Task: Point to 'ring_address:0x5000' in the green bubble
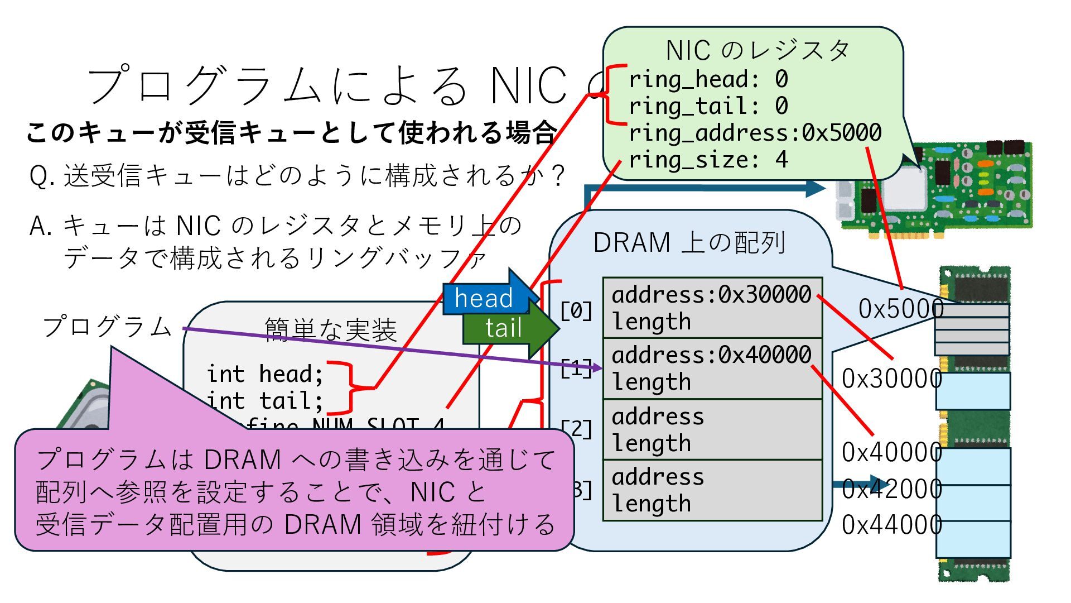(755, 133)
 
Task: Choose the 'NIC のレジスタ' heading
(757, 50)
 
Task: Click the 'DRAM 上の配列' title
(689, 243)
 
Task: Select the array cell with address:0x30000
(712, 308)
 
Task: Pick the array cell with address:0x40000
(712, 368)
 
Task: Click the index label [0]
(576, 310)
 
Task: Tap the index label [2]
(577, 429)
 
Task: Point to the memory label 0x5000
(900, 309)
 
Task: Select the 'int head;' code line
(265, 374)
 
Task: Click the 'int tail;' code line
(265, 400)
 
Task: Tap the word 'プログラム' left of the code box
(107, 327)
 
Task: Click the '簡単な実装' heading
(330, 330)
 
